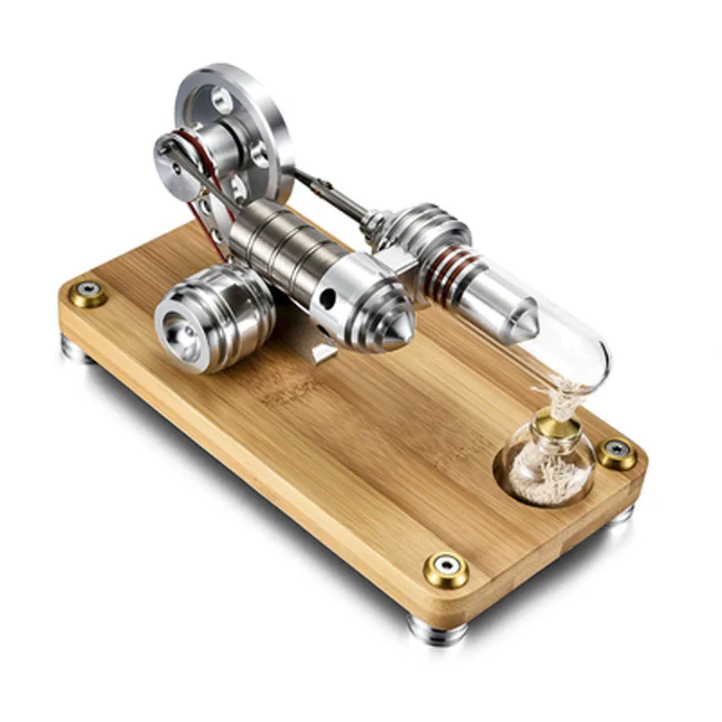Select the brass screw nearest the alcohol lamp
(x=618, y=454)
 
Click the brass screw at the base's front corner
(x=446, y=569)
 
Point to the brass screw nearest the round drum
(x=88, y=292)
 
